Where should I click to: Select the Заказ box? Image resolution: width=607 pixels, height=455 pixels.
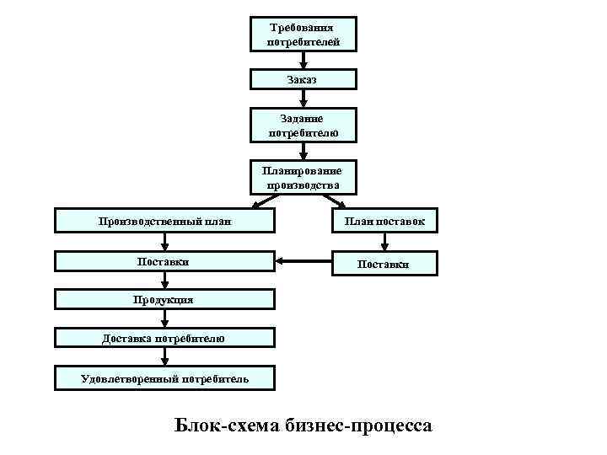(x=303, y=78)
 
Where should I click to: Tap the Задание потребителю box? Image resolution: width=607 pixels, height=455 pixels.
(x=303, y=125)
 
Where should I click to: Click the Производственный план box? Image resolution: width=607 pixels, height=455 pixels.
(x=165, y=222)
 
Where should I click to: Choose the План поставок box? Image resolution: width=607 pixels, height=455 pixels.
(x=384, y=222)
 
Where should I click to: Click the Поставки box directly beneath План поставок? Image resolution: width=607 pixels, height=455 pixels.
(x=384, y=264)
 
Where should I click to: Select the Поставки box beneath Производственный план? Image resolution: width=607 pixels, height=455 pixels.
(x=165, y=262)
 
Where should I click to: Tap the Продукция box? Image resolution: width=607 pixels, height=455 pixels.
(x=165, y=299)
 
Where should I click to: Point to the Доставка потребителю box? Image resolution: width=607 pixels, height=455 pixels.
(x=165, y=338)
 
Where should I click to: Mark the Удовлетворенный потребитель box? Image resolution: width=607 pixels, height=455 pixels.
(x=165, y=378)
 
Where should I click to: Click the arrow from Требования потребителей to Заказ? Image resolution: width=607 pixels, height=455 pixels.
(x=303, y=61)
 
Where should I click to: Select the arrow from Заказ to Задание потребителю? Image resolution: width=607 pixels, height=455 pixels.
(x=303, y=98)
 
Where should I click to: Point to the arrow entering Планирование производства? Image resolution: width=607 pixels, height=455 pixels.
(x=303, y=150)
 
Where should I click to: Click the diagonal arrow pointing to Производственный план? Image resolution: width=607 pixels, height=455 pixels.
(x=264, y=201)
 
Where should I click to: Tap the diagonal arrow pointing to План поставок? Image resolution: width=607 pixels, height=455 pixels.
(x=335, y=201)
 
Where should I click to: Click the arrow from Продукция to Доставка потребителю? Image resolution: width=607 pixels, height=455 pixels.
(x=165, y=318)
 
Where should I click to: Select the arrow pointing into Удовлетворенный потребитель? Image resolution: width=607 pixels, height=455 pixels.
(x=165, y=358)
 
